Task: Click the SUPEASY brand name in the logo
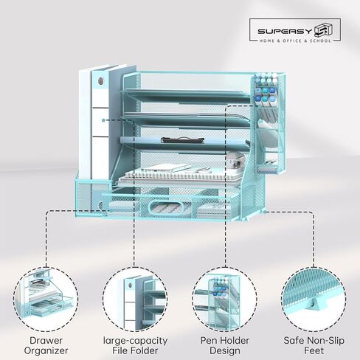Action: click(285, 31)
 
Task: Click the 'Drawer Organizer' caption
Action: click(46, 345)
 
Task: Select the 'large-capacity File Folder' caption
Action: click(135, 345)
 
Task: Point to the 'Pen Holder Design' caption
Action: click(225, 345)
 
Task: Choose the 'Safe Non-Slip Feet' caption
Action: click(314, 345)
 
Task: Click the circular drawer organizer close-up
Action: click(46, 300)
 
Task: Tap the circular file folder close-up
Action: click(135, 300)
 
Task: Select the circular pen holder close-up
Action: click(225, 300)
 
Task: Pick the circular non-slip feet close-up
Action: click(314, 300)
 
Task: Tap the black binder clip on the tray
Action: click(182, 140)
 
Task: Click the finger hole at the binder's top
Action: click(100, 80)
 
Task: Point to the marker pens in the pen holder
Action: click(265, 90)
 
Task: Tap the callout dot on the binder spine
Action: click(104, 120)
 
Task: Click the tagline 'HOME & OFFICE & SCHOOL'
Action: click(295, 41)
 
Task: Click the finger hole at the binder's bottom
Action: click(100, 205)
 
